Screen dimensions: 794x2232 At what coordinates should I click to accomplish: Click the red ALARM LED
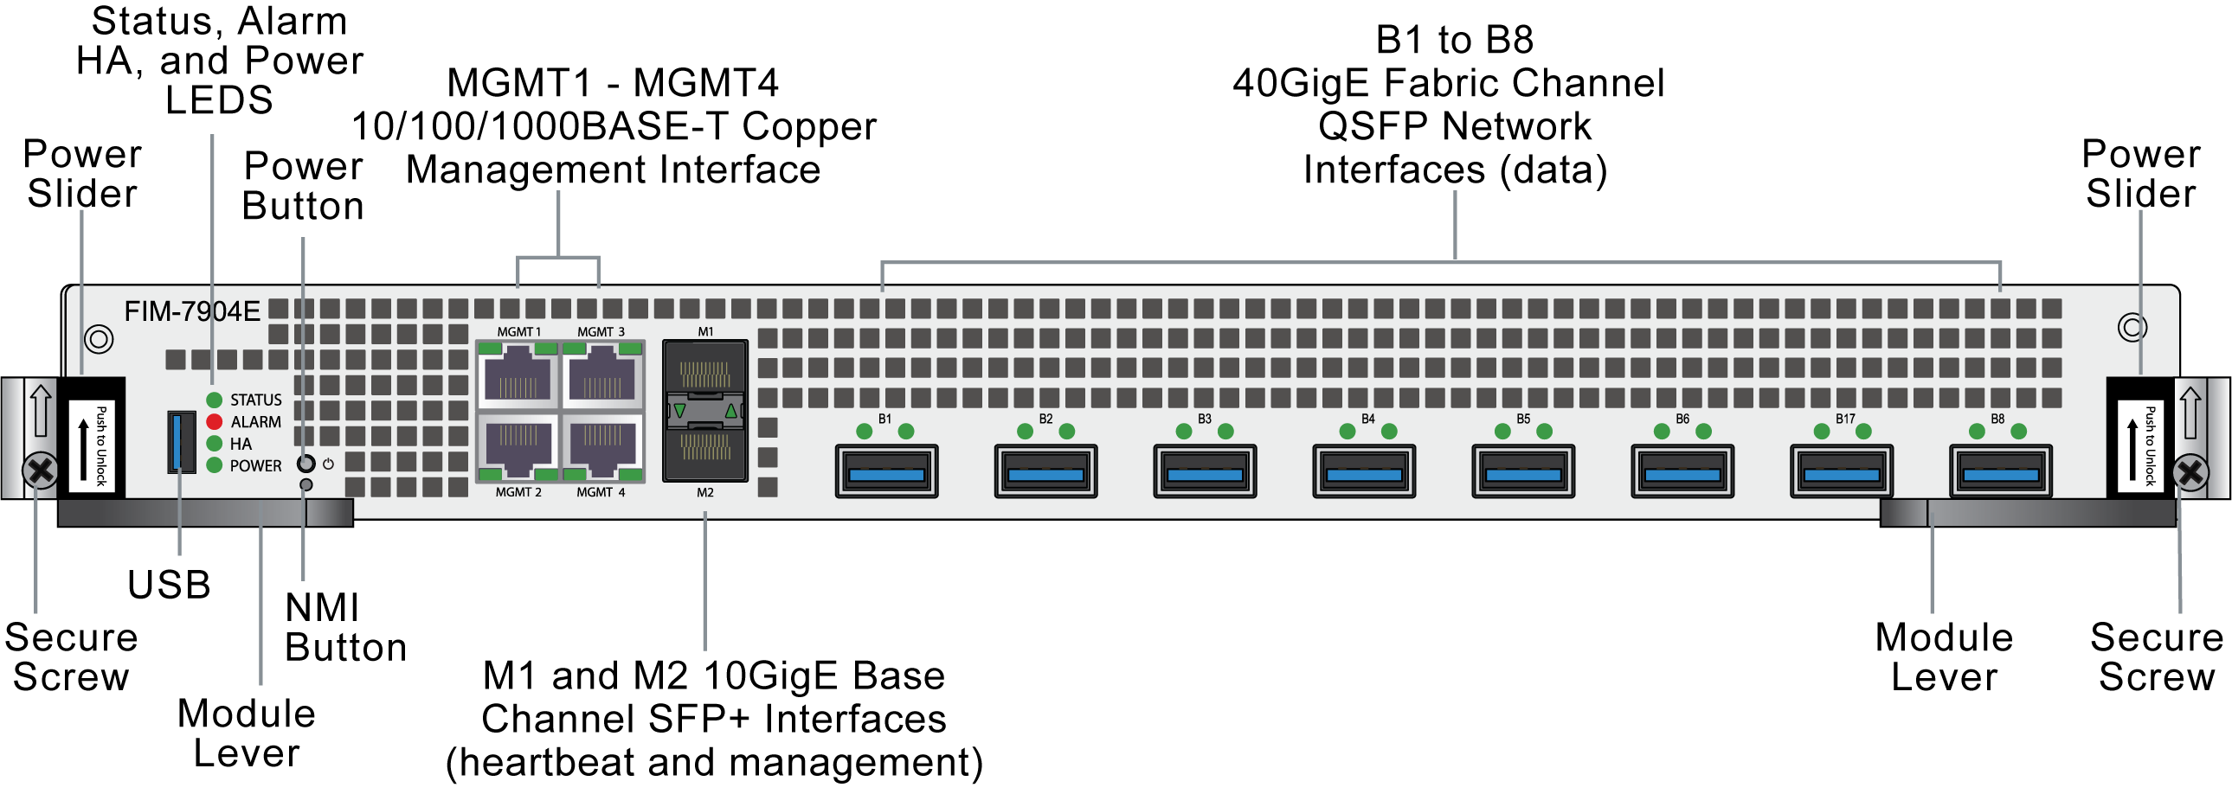(214, 422)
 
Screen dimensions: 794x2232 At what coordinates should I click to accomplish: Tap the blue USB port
(181, 442)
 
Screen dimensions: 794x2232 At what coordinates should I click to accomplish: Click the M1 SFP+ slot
(704, 369)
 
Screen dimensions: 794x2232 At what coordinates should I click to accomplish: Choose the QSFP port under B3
(1205, 472)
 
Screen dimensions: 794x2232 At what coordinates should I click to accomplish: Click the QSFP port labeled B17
(1841, 472)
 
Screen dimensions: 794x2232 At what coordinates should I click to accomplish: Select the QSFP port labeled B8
(2001, 472)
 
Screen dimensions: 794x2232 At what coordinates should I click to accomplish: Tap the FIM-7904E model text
(191, 311)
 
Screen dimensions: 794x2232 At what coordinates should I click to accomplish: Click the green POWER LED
(214, 465)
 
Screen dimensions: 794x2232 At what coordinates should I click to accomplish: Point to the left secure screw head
(40, 472)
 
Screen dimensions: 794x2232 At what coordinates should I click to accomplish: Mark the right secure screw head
(2190, 473)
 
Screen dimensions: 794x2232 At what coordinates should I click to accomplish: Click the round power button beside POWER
(306, 464)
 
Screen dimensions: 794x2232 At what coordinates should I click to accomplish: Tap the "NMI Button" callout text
(344, 628)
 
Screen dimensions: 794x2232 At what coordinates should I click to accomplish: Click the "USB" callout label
(169, 586)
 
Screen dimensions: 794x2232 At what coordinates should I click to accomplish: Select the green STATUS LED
(214, 400)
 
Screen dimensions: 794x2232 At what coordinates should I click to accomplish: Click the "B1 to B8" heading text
(1454, 40)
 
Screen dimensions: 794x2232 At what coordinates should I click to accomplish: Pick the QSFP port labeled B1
(886, 472)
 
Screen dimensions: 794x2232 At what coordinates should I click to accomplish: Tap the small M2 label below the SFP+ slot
(705, 493)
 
